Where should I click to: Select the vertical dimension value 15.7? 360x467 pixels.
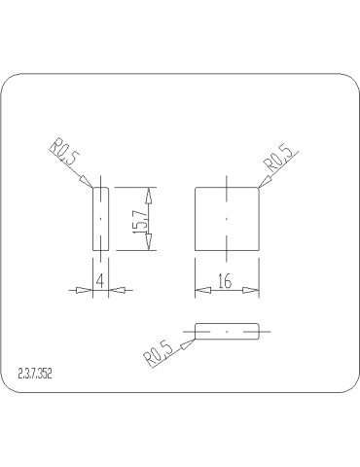[x=140, y=220]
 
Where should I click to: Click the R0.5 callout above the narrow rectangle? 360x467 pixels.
[x=64, y=156]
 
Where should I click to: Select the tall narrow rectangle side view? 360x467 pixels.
[x=100, y=219]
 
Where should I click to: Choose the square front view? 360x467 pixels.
[x=227, y=219]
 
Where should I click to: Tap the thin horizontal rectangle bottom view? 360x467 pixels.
[x=228, y=332]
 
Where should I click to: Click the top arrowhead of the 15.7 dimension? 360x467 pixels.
[x=149, y=193]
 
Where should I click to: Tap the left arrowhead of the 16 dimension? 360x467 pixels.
[x=200, y=289]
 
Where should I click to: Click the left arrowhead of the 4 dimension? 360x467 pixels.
[x=88, y=289]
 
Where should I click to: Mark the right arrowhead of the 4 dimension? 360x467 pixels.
[x=113, y=289]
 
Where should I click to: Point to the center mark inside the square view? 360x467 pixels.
[x=227, y=219]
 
